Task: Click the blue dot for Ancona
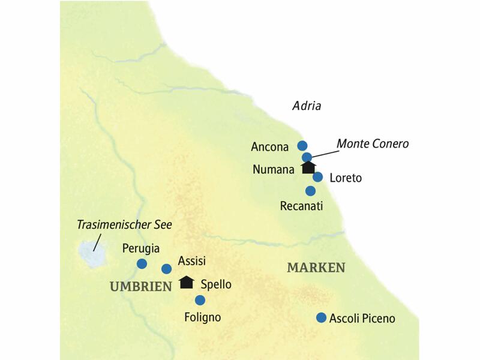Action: [302, 145]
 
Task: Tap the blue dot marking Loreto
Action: [318, 177]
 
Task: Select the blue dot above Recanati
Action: [310, 191]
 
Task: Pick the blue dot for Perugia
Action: [142, 263]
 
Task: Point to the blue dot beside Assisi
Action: [167, 268]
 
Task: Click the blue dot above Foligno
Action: [200, 300]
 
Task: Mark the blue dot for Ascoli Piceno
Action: [322, 317]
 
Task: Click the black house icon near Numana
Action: [308, 167]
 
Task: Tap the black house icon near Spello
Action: [187, 281]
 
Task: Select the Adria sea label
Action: [307, 106]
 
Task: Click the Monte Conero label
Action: [373, 144]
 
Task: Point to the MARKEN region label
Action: [316, 268]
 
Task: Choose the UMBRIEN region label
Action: [141, 287]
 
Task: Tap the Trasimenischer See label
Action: [124, 225]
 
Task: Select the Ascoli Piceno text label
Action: [362, 319]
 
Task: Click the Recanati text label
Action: [302, 206]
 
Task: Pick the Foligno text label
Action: [203, 316]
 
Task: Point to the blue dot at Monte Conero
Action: [307, 157]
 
